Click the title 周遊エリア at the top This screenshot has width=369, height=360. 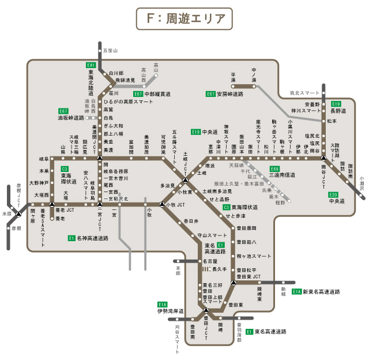[184, 18]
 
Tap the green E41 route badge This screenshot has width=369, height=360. [91, 65]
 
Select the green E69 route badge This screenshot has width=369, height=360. [274, 168]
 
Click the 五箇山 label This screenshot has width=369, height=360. [110, 51]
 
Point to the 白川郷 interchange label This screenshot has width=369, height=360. [117, 73]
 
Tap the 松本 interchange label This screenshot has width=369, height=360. [332, 121]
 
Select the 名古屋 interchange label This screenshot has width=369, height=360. [210, 261]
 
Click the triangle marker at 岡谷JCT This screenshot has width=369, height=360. [323, 157]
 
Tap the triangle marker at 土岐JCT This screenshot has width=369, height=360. [186, 182]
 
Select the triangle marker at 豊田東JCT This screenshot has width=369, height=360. [233, 283]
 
